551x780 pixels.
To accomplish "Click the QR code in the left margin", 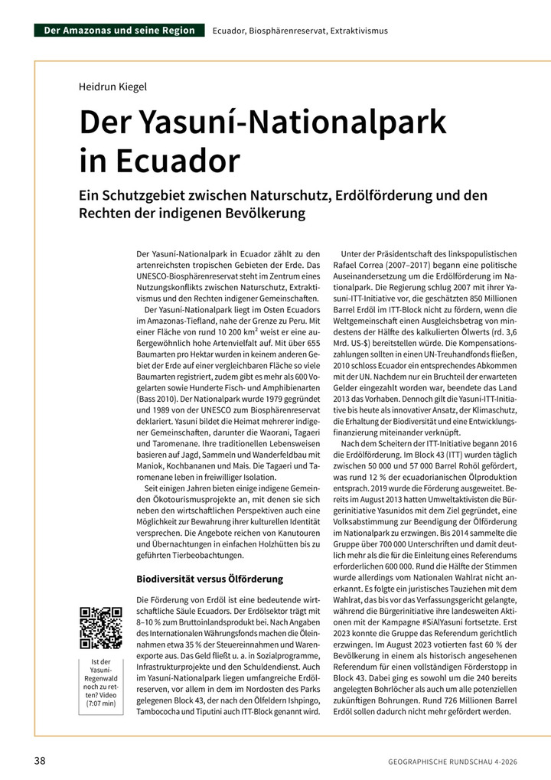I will tap(101, 628).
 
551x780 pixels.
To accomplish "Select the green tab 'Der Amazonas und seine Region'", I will tap(119, 31).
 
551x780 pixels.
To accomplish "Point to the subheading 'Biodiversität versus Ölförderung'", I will tap(210, 579).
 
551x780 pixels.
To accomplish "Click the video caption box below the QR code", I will tap(101, 682).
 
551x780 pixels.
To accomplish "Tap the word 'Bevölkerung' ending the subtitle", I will tap(258, 214).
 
